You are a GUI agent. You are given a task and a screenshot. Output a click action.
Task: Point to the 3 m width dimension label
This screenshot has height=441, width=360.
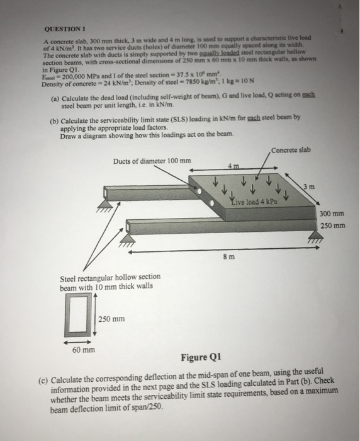tap(305, 186)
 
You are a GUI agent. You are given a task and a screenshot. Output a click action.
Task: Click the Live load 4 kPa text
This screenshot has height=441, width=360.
tap(251, 200)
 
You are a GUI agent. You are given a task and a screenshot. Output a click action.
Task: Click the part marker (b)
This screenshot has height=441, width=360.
tap(54, 118)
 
